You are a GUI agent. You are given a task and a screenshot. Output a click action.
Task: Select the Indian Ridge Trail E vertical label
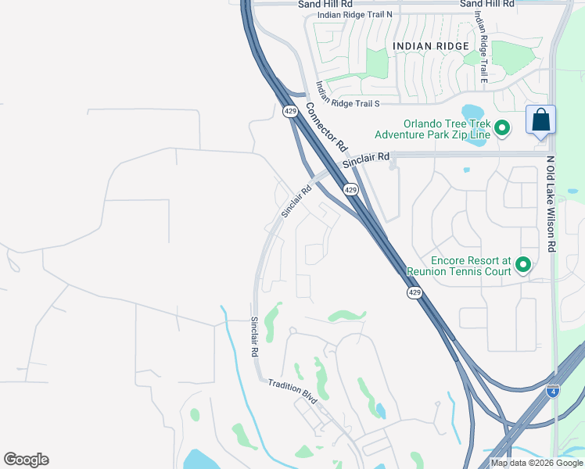483,51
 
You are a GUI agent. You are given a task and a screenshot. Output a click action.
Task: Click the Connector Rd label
326,127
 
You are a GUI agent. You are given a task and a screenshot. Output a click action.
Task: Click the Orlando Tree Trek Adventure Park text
432,129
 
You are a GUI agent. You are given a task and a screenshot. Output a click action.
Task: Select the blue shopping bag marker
540,120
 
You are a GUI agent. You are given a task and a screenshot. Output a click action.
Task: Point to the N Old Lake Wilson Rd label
551,203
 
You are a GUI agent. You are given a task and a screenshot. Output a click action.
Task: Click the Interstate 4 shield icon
553,391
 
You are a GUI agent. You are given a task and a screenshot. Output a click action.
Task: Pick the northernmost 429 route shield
290,112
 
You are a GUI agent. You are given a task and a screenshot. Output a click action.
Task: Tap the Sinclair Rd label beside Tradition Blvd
254,337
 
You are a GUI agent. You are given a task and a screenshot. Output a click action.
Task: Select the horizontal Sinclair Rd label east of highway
366,159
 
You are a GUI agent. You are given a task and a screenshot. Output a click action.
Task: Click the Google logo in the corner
26,460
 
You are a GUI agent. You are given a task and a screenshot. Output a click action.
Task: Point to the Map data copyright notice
537,463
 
